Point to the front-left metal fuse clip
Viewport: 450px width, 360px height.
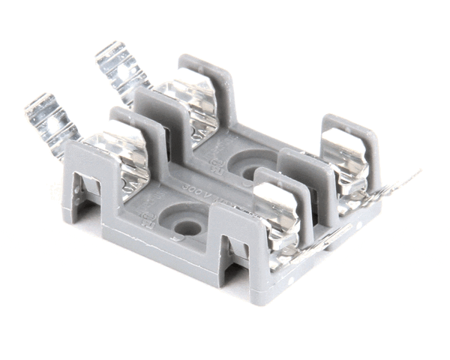tap(121, 157)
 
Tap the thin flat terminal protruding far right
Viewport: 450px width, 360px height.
tap(390, 184)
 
